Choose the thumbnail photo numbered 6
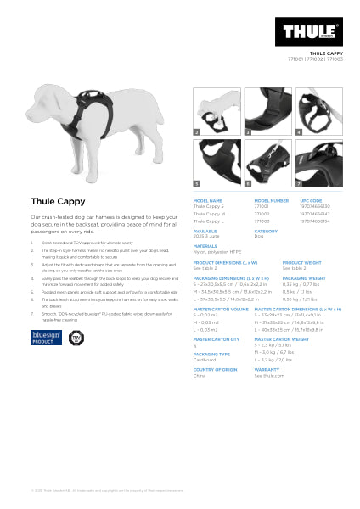(x=267, y=164)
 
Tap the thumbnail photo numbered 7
(x=318, y=164)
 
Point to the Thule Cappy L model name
(x=208, y=220)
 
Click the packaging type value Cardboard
(x=205, y=360)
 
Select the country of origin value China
(x=199, y=375)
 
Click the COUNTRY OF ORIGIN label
(x=214, y=369)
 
